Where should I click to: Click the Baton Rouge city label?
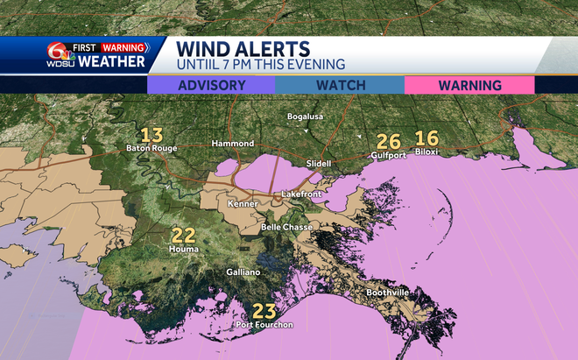tap(153, 148)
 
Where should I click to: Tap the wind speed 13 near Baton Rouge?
tap(152, 135)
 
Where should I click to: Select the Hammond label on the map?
tap(233, 143)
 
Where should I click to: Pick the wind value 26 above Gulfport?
tap(388, 140)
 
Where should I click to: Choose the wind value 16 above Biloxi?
tap(426, 138)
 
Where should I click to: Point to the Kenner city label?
tap(243, 204)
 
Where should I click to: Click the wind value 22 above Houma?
tap(183, 236)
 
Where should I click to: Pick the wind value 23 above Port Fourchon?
tap(264, 310)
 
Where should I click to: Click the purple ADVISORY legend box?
tap(211, 85)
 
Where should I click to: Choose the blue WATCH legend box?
tap(340, 85)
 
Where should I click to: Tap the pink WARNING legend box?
tap(469, 85)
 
